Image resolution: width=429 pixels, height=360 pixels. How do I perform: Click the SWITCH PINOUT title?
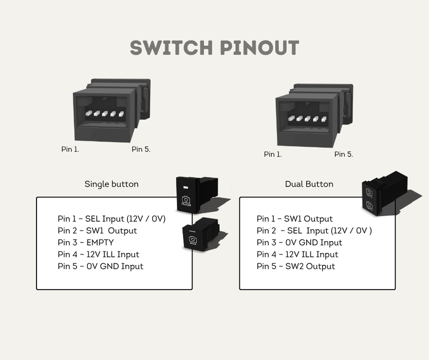(x=214, y=48)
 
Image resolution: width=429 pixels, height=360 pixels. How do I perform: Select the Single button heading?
(x=111, y=184)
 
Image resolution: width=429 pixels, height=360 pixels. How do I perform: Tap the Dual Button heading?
(x=309, y=184)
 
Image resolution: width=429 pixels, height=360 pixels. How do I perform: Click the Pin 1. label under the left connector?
(x=70, y=149)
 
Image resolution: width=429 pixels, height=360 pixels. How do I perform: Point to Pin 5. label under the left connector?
(x=141, y=149)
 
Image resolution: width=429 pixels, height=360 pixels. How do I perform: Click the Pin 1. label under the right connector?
(x=272, y=154)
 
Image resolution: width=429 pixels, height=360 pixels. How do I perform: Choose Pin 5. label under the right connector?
(x=343, y=154)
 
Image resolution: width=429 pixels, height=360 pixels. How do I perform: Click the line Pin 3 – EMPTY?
(x=86, y=243)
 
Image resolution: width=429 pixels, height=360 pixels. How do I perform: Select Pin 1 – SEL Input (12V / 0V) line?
(x=111, y=219)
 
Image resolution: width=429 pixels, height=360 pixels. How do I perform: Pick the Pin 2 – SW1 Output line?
(x=97, y=231)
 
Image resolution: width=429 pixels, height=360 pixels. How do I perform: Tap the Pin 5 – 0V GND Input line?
(x=100, y=266)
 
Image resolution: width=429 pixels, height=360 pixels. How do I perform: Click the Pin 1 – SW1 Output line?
(x=294, y=219)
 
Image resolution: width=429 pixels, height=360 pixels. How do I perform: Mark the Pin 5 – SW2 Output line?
(x=295, y=266)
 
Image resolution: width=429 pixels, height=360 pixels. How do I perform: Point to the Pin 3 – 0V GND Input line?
(x=299, y=243)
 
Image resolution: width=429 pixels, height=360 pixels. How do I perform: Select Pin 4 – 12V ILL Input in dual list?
(x=297, y=255)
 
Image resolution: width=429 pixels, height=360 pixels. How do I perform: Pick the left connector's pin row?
(x=105, y=114)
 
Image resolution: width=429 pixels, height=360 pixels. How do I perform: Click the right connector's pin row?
(x=308, y=118)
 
